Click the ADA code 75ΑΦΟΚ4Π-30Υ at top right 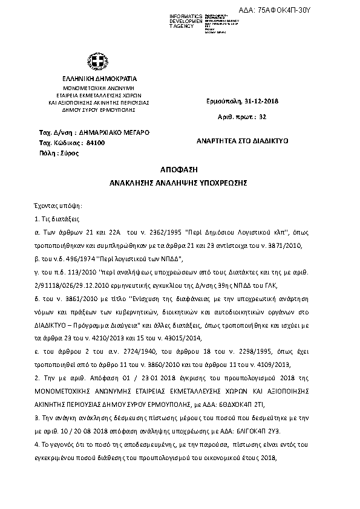point(325,10)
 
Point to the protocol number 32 point(262,115)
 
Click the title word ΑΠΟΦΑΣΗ point(180,170)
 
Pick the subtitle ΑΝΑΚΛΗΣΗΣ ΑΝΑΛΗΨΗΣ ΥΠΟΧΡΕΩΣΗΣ point(180,181)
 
